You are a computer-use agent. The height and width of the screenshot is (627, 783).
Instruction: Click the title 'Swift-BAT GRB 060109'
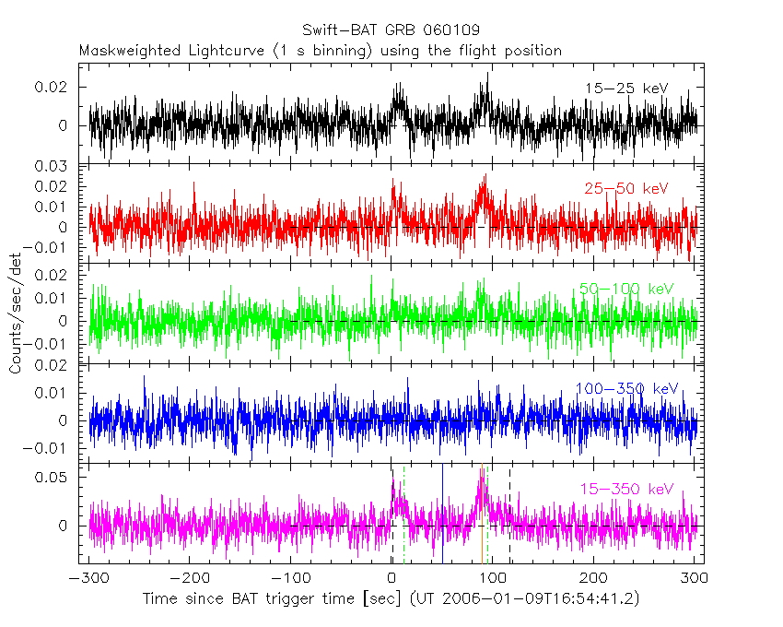click(391, 30)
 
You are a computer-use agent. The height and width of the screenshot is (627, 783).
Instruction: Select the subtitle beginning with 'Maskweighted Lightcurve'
click(320, 51)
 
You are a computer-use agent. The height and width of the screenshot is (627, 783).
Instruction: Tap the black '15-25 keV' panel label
click(625, 89)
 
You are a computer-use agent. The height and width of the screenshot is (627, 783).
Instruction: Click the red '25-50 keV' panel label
click(625, 188)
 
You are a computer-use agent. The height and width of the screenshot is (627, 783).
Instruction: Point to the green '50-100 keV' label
click(626, 289)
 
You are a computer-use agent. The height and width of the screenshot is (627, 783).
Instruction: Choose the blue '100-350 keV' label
click(626, 388)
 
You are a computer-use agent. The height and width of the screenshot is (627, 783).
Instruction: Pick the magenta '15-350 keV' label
click(626, 489)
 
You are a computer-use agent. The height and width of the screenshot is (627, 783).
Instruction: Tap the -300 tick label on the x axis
click(88, 578)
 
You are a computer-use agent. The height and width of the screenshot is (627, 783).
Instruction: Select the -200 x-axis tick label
click(189, 578)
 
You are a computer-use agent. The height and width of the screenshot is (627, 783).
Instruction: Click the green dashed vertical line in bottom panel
click(403, 516)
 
